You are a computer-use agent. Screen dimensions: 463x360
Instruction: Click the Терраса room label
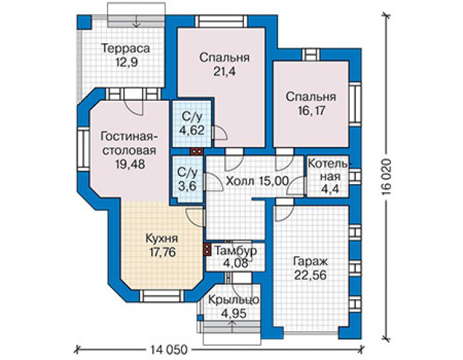pos(126,48)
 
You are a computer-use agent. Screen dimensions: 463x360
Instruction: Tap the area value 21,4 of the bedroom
pos(225,71)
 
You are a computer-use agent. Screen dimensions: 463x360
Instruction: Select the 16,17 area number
pos(311,111)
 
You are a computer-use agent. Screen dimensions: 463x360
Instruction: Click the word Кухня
pos(161,239)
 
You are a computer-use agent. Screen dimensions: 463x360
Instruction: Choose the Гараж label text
pos(310,262)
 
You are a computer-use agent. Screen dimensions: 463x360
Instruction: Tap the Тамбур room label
pos(235,251)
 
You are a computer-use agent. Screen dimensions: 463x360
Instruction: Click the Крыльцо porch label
pos(233,300)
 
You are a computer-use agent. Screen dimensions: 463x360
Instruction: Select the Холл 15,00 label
pos(257,181)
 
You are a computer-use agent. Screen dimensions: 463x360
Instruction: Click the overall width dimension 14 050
pos(168,350)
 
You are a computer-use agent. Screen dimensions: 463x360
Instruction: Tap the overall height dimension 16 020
pos(386,177)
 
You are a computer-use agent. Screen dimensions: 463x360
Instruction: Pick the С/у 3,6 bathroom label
pos(187,180)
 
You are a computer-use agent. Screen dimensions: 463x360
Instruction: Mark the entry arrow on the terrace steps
pos(136,20)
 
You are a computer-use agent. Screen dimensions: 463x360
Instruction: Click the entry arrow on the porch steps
pos(232,326)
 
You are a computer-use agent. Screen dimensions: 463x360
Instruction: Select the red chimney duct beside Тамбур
pos(207,249)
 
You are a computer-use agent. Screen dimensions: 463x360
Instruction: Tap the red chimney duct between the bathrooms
pos(196,152)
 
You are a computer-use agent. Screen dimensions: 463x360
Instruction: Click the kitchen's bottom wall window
pos(161,296)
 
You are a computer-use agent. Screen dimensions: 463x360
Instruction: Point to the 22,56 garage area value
pos(310,275)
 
